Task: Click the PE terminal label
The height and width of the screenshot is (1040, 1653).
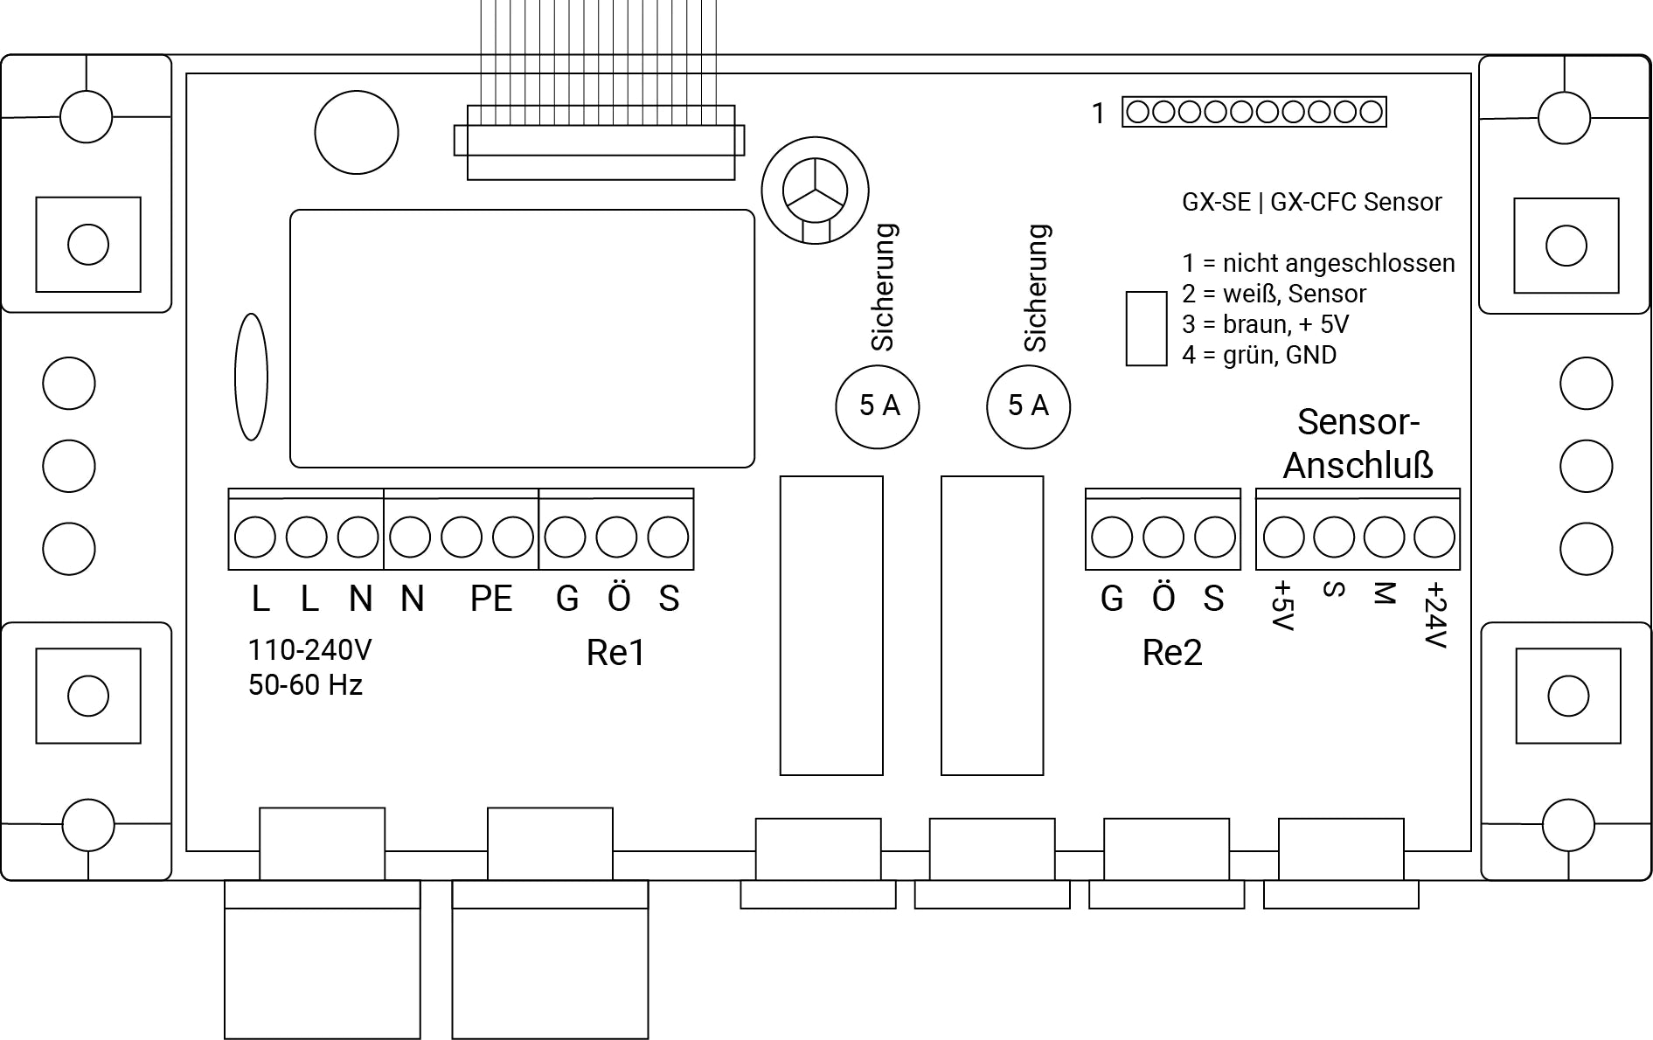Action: click(x=490, y=599)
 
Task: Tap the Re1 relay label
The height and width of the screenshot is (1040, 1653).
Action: click(x=615, y=653)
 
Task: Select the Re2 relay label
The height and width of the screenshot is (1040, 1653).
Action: click(x=1171, y=653)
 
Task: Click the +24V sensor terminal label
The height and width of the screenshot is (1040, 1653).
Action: click(x=1434, y=616)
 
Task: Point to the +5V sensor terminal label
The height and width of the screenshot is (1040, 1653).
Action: click(x=1282, y=606)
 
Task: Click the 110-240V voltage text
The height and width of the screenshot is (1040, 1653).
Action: click(x=309, y=650)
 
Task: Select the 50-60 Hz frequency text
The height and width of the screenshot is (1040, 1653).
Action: click(x=305, y=685)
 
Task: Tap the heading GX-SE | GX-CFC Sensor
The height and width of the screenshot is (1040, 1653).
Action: click(x=1311, y=203)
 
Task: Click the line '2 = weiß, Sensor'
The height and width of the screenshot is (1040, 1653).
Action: click(x=1274, y=294)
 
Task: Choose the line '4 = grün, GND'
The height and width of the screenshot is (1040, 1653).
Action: click(x=1259, y=355)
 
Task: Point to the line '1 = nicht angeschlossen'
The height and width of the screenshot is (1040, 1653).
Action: click(x=1318, y=263)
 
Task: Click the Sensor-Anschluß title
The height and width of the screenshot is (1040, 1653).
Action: click(x=1358, y=444)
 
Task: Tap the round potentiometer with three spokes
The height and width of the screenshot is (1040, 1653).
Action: click(x=815, y=191)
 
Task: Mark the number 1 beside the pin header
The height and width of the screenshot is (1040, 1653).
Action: click(x=1099, y=114)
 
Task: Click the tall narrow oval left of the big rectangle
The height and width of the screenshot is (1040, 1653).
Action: click(x=251, y=377)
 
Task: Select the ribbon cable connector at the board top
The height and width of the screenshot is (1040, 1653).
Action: click(x=600, y=142)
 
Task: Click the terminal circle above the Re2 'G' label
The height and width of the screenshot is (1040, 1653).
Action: click(x=1112, y=537)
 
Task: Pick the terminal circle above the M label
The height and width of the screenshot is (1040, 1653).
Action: click(x=1384, y=537)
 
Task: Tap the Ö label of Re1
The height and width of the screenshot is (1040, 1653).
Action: click(x=618, y=599)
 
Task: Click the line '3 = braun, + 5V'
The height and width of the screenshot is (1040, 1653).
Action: click(x=1265, y=324)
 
